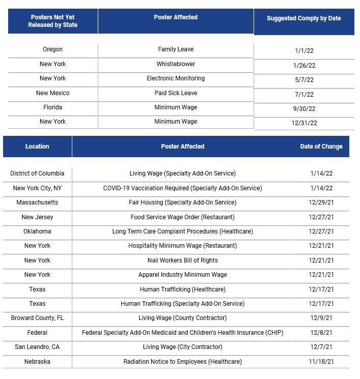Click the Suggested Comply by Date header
coord(303,18)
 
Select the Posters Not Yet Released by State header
coord(53,21)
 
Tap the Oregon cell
coord(53,49)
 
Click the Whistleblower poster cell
coord(176,64)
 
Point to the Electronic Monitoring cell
coord(176,78)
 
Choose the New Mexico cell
coord(53,93)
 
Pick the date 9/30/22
coord(304,108)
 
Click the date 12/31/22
coord(304,123)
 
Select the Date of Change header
coord(321,147)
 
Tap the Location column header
coord(37,147)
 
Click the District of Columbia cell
coord(37,173)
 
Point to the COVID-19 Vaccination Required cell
coord(182,188)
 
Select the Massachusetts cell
coord(37,202)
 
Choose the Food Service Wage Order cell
coord(182,217)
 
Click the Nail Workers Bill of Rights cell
coord(182,260)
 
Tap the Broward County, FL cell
coord(37,318)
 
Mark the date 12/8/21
coord(321,333)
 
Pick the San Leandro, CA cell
coord(37,347)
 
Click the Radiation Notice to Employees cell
coord(182,362)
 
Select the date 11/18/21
coord(321,362)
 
